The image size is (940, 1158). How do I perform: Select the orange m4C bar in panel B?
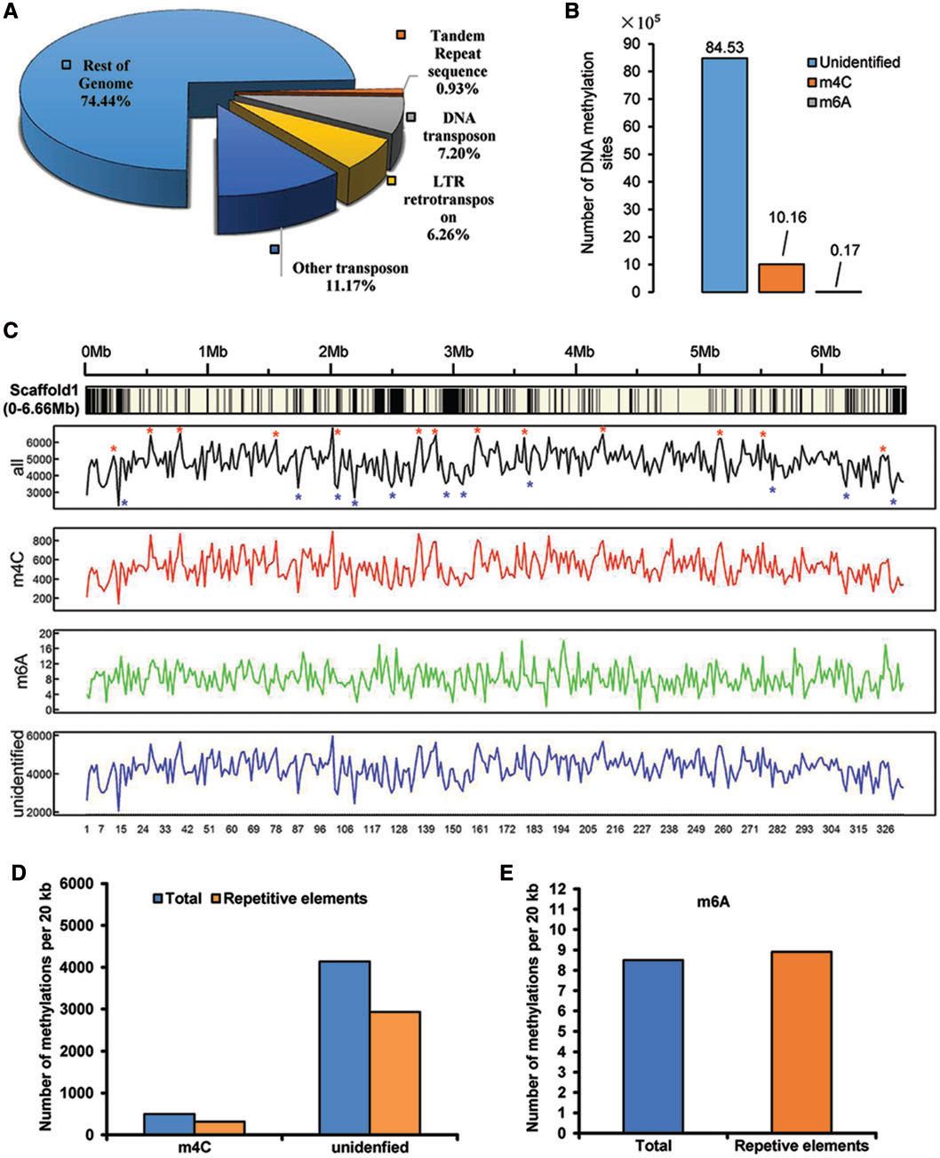click(x=781, y=277)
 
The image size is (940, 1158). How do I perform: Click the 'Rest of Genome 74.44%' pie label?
click(x=108, y=83)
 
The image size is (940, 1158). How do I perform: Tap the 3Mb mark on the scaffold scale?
click(x=458, y=351)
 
